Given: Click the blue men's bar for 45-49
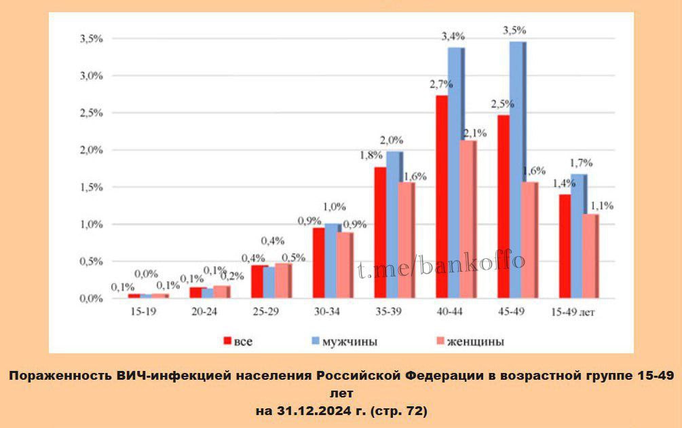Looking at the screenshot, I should click(x=516, y=170).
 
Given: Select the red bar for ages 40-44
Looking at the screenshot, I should click(x=442, y=196).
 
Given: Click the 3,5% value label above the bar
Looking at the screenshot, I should click(x=514, y=31).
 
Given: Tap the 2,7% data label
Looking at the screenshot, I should click(x=441, y=84).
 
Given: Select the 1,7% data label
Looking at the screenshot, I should click(x=582, y=163).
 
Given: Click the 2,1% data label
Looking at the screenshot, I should click(x=475, y=133).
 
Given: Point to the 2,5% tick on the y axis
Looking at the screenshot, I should click(x=90, y=113).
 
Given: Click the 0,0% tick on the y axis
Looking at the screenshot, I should click(x=90, y=299).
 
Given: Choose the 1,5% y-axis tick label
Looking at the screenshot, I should click(x=90, y=187).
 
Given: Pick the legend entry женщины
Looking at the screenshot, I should click(x=475, y=341).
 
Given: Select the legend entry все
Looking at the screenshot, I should click(x=242, y=341).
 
